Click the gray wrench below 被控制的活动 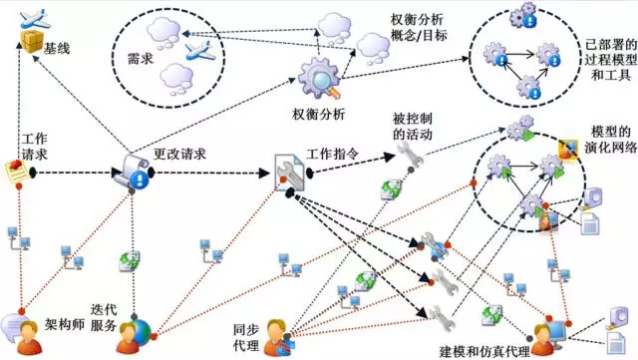[409, 153]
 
